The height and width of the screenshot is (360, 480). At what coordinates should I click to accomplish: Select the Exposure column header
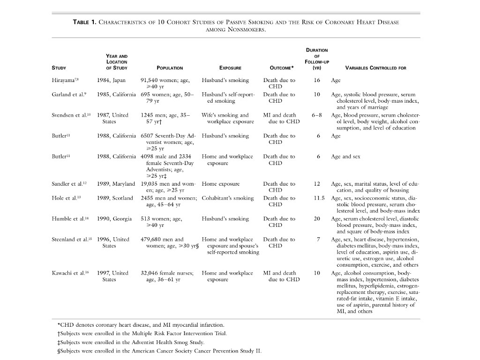[230, 68]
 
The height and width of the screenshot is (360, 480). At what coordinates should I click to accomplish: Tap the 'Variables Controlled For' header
[375, 68]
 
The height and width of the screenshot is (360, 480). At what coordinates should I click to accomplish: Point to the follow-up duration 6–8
[317, 115]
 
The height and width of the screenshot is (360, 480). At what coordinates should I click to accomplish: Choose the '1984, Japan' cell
[111, 80]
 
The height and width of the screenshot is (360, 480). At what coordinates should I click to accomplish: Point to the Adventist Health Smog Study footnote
[136, 342]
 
